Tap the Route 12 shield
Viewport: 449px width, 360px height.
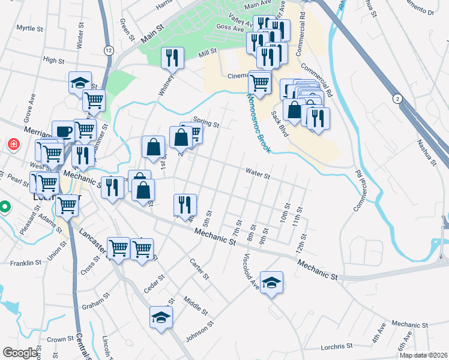(108, 50)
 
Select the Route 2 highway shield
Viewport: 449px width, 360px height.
(397, 98)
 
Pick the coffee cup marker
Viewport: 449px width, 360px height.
(63, 131)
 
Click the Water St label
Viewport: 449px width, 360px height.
(258, 174)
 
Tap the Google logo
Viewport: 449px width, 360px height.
(20, 353)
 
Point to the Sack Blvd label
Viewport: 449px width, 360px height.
(280, 124)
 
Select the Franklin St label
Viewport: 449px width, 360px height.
(25, 263)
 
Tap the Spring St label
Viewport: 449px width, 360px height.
(206, 122)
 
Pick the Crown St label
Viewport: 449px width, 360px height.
(60, 340)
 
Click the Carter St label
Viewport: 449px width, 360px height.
(199, 270)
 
